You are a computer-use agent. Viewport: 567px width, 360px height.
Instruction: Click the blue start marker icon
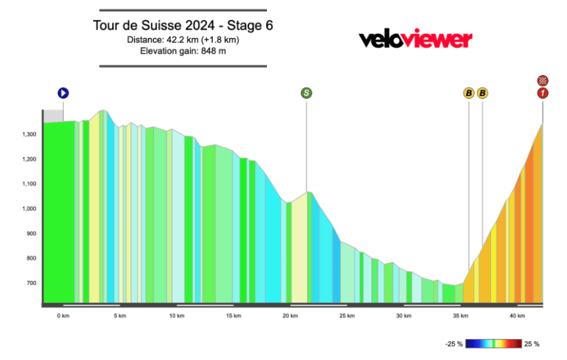click(x=63, y=93)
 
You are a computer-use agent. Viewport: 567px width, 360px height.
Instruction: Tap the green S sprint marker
click(x=307, y=93)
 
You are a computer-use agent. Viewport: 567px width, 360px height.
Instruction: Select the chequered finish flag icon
click(x=542, y=80)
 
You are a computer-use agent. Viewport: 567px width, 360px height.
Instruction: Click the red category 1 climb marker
click(x=542, y=93)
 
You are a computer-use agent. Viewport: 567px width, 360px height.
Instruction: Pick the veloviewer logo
click(x=415, y=40)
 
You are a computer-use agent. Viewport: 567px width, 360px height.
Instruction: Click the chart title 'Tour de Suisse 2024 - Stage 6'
click(x=183, y=26)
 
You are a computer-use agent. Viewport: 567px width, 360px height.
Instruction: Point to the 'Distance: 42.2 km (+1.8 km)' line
click(x=183, y=40)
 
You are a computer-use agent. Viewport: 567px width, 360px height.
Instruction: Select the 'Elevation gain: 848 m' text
click(x=183, y=51)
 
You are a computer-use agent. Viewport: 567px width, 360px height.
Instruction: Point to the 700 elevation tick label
click(x=31, y=284)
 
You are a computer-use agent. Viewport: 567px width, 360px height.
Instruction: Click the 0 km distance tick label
click(x=63, y=316)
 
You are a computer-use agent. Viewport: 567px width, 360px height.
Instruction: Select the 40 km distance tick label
click(x=518, y=316)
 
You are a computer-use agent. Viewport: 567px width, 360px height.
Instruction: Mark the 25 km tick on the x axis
click(x=347, y=316)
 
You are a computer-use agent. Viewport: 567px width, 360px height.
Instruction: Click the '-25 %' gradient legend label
click(x=455, y=344)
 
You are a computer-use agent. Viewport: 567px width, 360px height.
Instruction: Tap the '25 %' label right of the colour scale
click(x=533, y=344)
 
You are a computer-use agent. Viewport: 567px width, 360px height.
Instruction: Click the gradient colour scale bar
click(x=494, y=344)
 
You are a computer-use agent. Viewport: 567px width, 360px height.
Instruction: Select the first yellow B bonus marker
click(x=469, y=93)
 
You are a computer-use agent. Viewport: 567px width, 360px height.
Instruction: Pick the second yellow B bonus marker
click(x=483, y=93)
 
